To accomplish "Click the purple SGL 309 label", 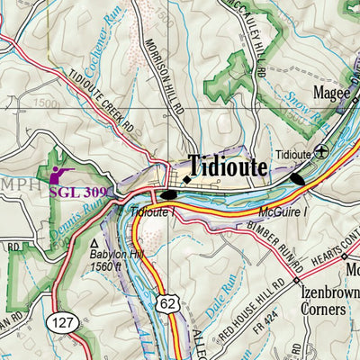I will [79, 192].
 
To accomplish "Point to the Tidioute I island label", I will [152, 211].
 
